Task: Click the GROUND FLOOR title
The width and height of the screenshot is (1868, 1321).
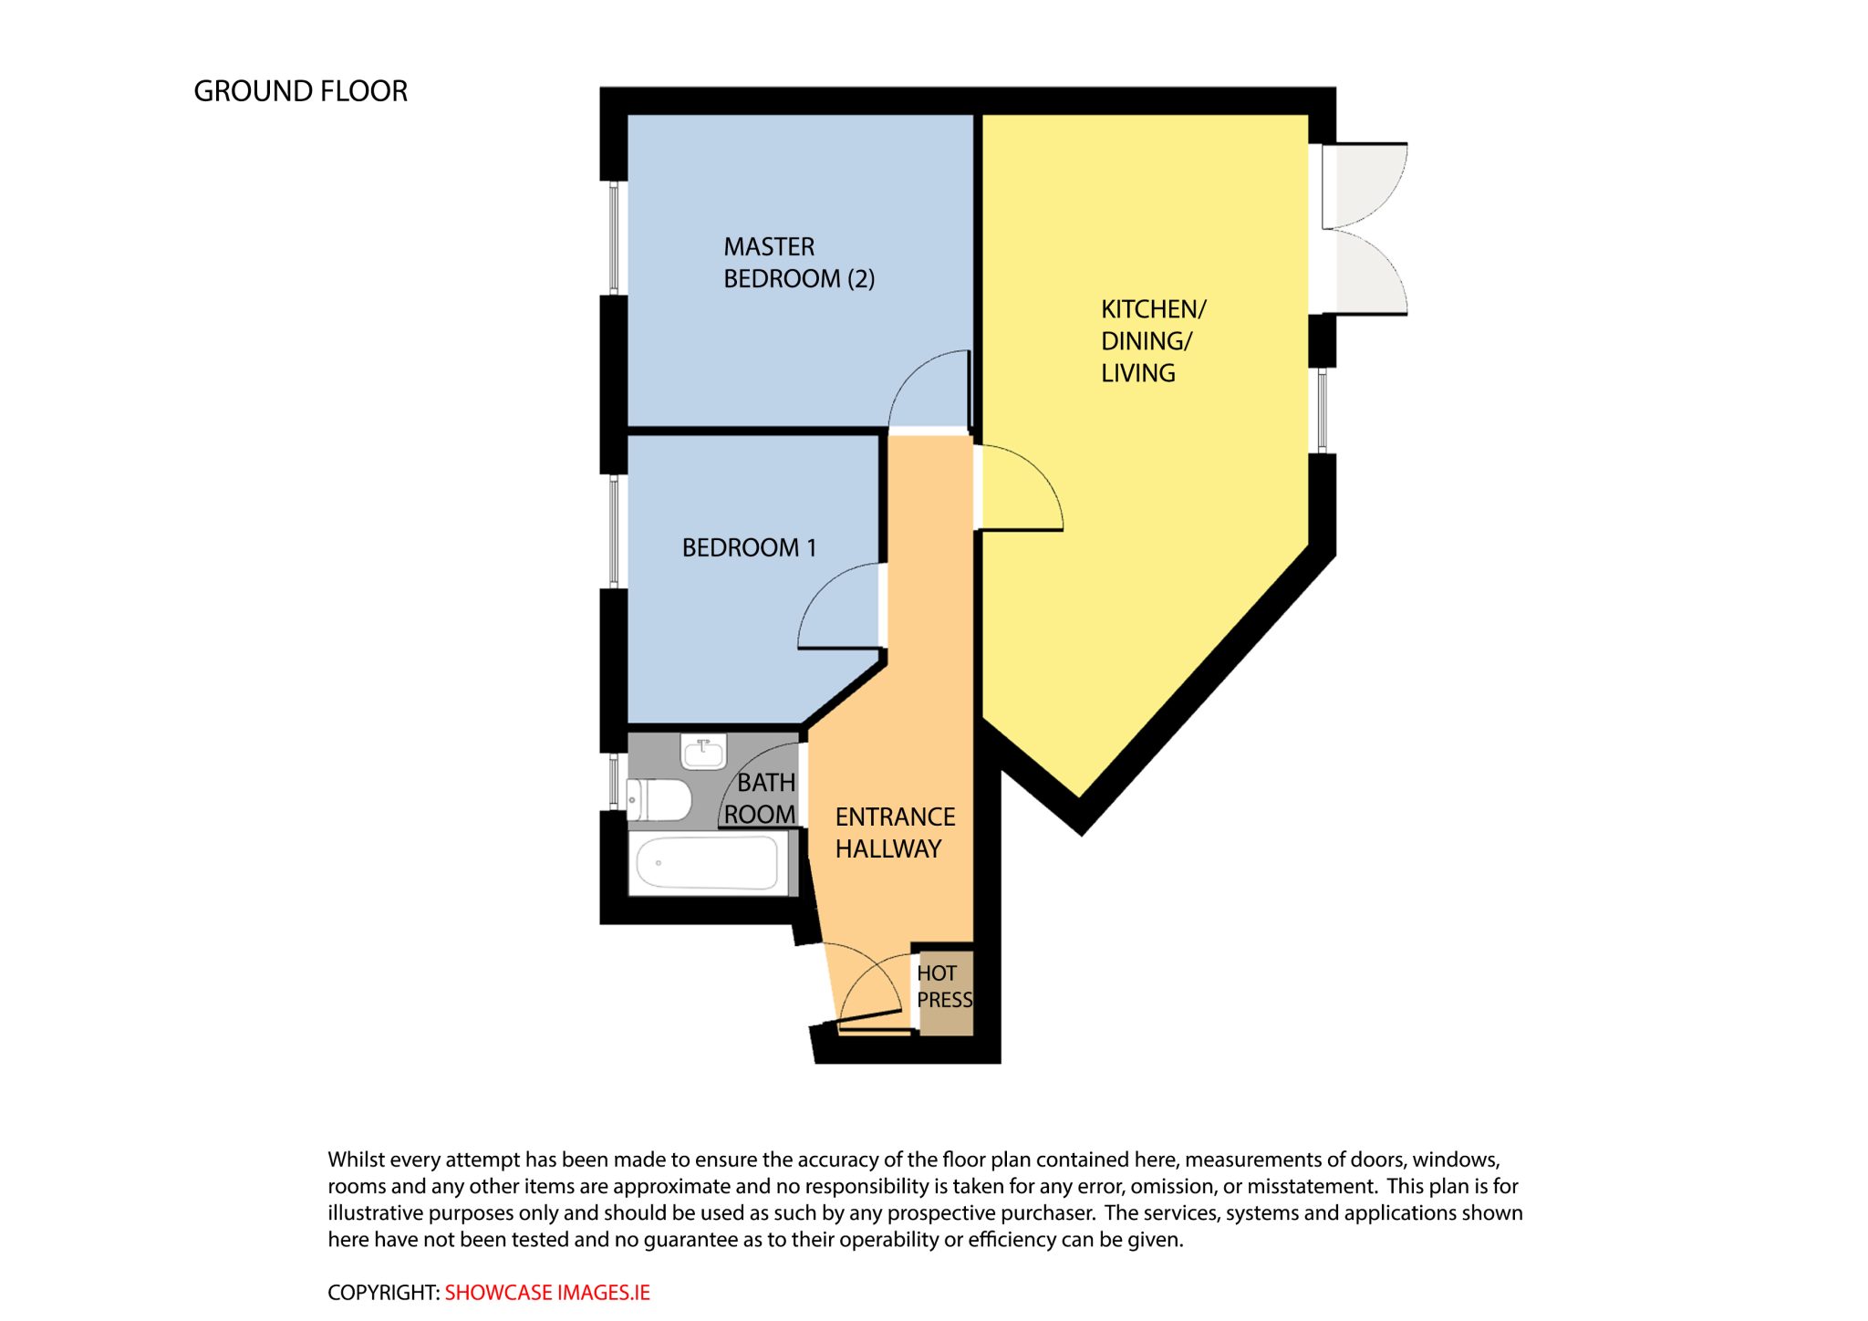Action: pyautogui.click(x=300, y=91)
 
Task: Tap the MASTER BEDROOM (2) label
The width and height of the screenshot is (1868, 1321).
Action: pyautogui.click(x=799, y=263)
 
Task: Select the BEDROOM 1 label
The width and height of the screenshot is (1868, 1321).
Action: pyautogui.click(x=749, y=547)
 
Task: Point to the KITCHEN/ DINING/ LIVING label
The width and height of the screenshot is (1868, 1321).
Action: pyautogui.click(x=1153, y=340)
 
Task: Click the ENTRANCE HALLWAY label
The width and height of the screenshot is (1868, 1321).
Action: pyautogui.click(x=895, y=832)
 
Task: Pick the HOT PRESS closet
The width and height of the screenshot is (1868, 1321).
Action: pyautogui.click(x=945, y=993)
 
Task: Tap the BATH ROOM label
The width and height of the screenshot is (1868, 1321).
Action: pyautogui.click(x=760, y=798)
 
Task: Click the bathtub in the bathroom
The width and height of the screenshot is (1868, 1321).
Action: pyautogui.click(x=707, y=862)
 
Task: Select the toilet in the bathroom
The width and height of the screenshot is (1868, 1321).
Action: pyautogui.click(x=659, y=800)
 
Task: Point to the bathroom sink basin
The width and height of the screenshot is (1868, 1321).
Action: pyautogui.click(x=704, y=752)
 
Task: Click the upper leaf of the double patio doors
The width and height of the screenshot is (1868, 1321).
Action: pyautogui.click(x=1365, y=185)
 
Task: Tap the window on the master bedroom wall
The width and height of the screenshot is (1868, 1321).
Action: pyautogui.click(x=614, y=237)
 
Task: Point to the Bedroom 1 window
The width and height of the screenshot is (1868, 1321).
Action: pyautogui.click(x=614, y=531)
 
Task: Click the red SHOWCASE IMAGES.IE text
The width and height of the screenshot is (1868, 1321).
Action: pyautogui.click(x=547, y=1293)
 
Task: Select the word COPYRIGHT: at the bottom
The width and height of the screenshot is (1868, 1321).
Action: pyautogui.click(x=384, y=1293)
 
